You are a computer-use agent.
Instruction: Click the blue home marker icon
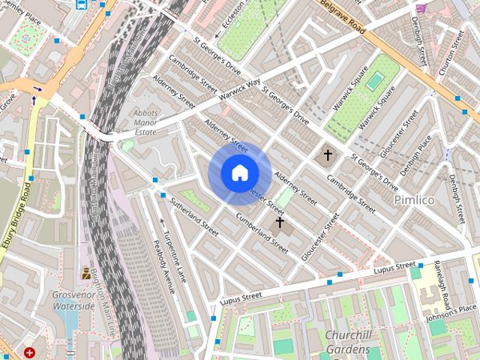(x=240, y=173)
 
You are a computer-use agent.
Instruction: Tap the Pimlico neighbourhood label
(x=415, y=200)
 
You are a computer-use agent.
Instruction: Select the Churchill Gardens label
(x=347, y=342)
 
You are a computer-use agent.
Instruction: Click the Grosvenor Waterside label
(x=73, y=300)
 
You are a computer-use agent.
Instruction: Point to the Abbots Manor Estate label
(x=145, y=121)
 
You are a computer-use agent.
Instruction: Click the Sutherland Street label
(x=194, y=217)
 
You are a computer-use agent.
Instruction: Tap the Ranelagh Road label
(x=442, y=284)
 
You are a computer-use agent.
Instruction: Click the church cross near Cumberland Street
(x=280, y=222)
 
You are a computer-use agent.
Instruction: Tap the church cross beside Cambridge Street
(x=327, y=156)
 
